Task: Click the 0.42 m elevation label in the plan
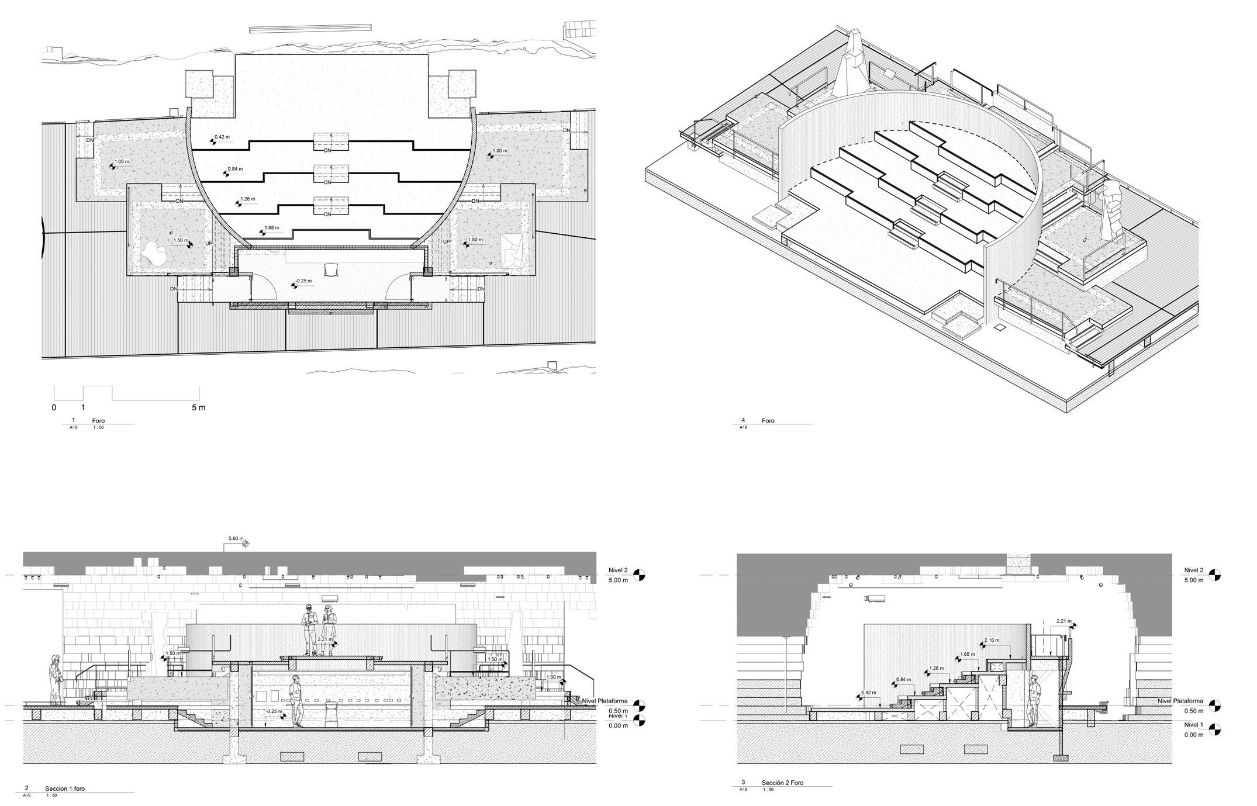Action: tap(222, 137)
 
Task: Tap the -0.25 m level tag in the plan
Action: tap(303, 281)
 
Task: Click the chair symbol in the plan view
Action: tap(331, 268)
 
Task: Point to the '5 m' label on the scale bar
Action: tap(199, 407)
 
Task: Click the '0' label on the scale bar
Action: tap(54, 407)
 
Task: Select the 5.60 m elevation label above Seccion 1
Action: tap(236, 539)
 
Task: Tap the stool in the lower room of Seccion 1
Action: tap(331, 715)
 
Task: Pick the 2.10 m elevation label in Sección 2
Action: tap(992, 641)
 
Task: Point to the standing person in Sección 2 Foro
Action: tap(1034, 701)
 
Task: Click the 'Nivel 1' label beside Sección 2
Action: tap(1193, 725)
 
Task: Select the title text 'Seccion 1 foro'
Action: tap(65, 788)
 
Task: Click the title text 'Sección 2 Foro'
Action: tap(782, 783)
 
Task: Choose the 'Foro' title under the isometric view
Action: tap(768, 421)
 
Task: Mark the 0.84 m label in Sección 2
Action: tap(904, 680)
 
